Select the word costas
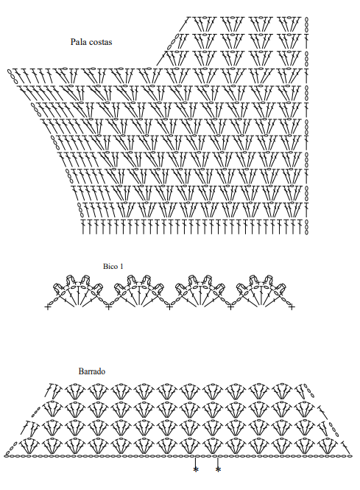[99, 42]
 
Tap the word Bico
[110, 266]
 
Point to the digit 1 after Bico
[121, 266]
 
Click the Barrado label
[92, 371]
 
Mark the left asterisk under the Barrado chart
[196, 469]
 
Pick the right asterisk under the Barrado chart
[218, 469]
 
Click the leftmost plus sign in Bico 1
[47, 307]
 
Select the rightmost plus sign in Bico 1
[292, 307]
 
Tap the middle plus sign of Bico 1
[169, 307]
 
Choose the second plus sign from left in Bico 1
[108, 307]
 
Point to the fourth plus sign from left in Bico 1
[230, 307]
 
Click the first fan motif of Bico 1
[78, 290]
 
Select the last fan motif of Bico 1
[261, 290]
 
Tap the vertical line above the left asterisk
[195, 461]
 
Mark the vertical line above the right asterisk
[218, 461]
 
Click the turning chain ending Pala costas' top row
[306, 24]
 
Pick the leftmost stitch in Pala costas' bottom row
[83, 227]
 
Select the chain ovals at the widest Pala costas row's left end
[12, 74]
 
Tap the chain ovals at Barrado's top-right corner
[309, 391]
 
